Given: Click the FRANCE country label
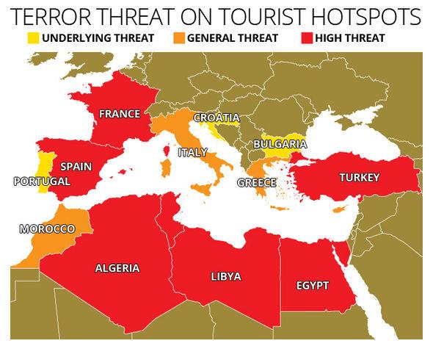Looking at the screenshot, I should tap(120, 114).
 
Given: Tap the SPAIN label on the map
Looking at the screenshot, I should tap(76, 167).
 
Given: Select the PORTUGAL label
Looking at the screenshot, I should tap(42, 181).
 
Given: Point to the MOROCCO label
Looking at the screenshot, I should tap(47, 229).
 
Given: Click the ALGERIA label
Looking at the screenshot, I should tap(117, 268).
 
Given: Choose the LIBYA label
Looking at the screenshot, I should tap(225, 276).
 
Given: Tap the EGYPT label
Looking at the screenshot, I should tap(312, 285).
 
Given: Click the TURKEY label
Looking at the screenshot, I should tap(359, 178).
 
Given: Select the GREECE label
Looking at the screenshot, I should tap(257, 183).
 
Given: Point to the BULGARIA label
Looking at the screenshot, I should tap(279, 145).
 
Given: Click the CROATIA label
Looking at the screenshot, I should tap(216, 118).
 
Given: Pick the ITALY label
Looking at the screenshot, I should tap(193, 152).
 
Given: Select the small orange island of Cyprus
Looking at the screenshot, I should tap(338, 210).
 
